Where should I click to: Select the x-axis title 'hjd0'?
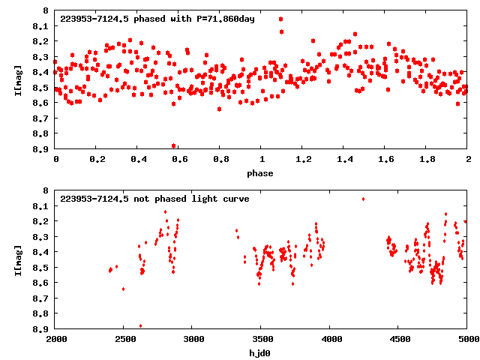[x=261, y=353]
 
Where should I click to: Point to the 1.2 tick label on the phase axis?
[x=303, y=160]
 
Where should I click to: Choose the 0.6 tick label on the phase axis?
[x=179, y=160]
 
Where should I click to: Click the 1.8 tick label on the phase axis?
[x=427, y=160]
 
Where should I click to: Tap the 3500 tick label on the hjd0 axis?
[x=261, y=340]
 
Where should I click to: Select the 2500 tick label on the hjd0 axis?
[x=124, y=340]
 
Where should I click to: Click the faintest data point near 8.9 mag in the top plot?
[x=174, y=145]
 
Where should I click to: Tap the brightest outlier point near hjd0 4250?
[x=364, y=199]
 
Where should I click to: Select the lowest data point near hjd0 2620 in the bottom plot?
[x=141, y=325]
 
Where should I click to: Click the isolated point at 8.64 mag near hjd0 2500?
[x=123, y=289]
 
